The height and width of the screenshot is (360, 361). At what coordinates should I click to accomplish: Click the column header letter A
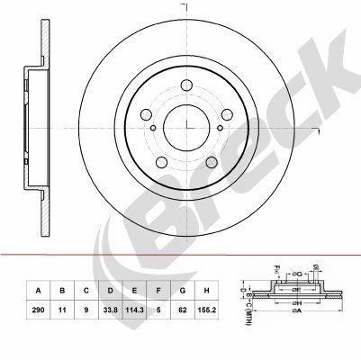(x=38, y=291)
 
